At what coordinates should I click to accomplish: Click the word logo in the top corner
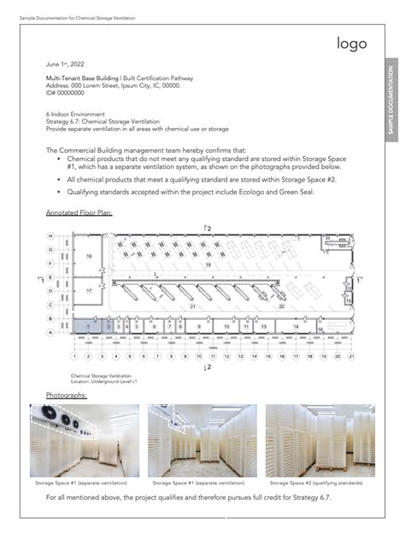351,43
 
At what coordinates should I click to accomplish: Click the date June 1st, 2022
65,63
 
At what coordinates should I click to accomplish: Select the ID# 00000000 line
66,92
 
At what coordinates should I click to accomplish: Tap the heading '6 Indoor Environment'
75,113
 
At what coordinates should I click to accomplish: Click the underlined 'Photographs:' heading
66,395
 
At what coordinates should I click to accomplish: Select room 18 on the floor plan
88,256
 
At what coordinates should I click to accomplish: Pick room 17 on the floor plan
88,291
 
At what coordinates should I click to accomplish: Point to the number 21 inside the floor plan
193,305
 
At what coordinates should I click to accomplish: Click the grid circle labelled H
50,236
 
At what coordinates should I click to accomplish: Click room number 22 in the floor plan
281,305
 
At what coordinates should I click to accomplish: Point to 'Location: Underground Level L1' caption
103,380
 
